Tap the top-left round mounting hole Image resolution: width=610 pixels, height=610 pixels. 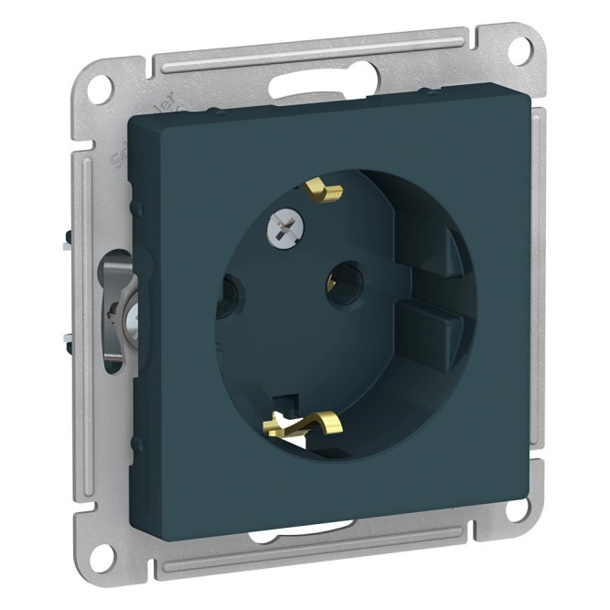pyautogui.click(x=102, y=90)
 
